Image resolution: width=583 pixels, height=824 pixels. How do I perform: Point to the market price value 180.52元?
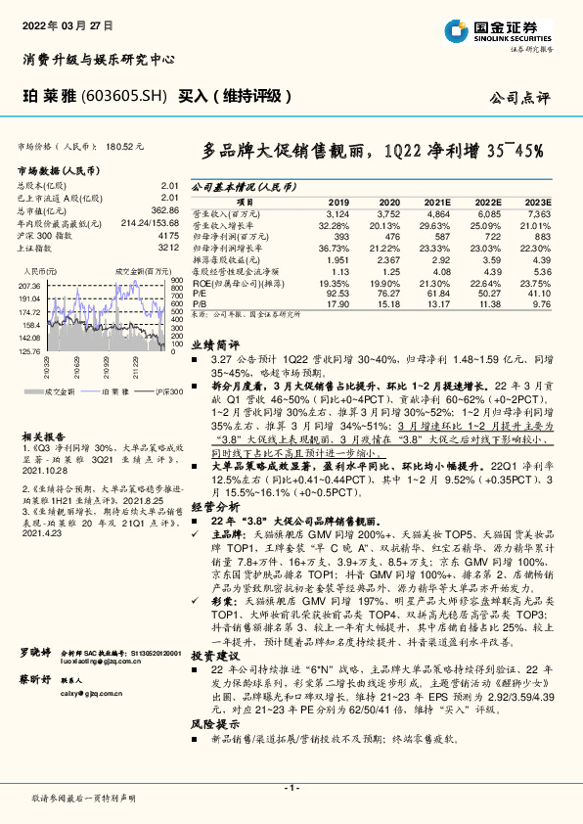(x=124, y=145)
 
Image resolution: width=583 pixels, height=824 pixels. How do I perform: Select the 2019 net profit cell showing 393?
(x=341, y=237)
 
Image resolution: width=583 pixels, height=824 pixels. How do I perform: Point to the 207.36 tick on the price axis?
(x=28, y=285)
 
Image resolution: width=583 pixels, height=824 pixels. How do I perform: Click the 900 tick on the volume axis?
(x=177, y=281)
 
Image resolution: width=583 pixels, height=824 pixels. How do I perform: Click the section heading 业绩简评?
(x=214, y=344)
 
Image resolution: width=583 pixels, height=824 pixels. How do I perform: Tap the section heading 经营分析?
(x=214, y=508)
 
